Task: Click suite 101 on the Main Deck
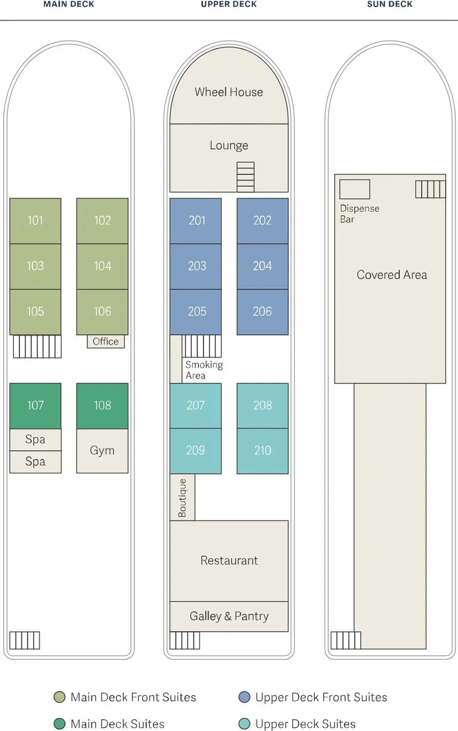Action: coord(35,221)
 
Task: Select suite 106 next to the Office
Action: coord(102,312)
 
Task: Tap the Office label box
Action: coord(106,341)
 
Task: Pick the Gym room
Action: coord(102,450)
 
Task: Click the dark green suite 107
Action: coord(35,406)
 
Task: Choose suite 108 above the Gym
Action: coord(102,406)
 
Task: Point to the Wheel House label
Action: coord(229,92)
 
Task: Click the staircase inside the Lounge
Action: coord(245,177)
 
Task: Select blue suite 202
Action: coord(262,221)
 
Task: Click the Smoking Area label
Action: coord(204,370)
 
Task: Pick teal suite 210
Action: coord(262,450)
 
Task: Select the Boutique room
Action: coord(182,497)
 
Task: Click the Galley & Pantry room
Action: coord(229,616)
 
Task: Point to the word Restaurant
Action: coord(229,561)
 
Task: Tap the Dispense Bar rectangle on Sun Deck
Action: coord(354,189)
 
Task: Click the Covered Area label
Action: coord(392,275)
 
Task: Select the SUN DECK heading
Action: coord(390,4)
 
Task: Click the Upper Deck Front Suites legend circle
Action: coord(245,697)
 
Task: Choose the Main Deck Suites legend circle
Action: coord(59,724)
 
